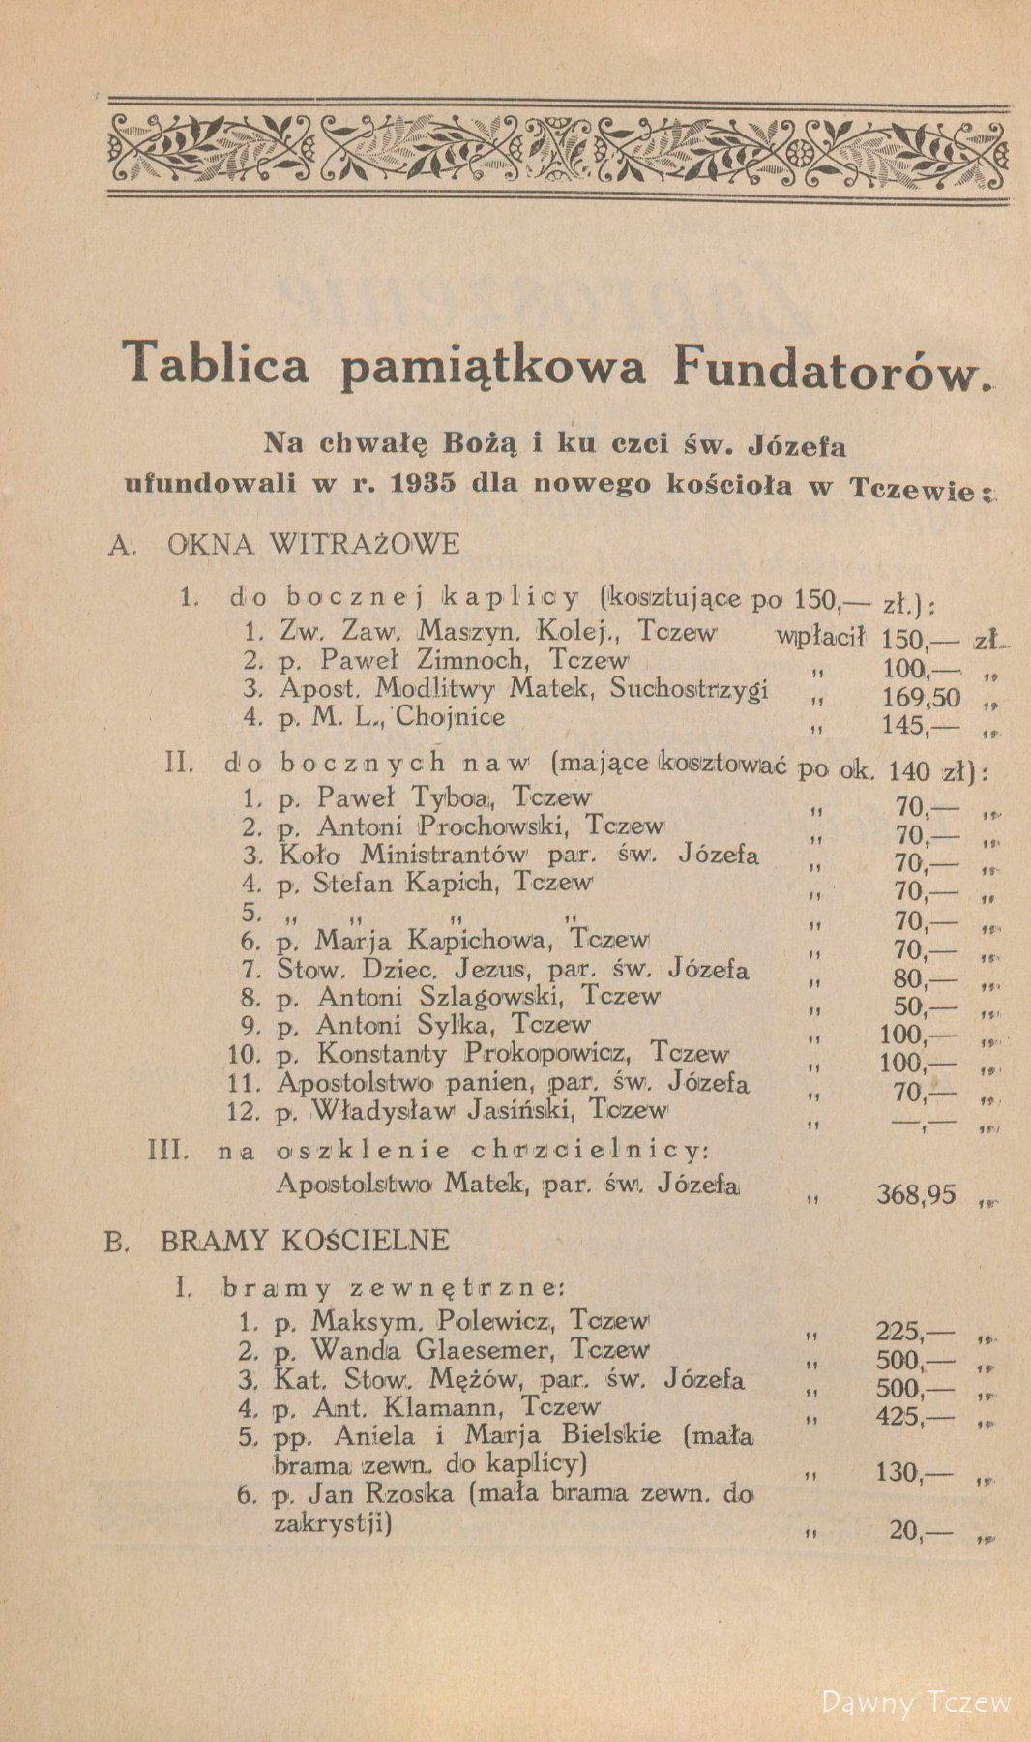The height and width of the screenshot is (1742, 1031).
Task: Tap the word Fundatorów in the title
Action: click(x=823, y=369)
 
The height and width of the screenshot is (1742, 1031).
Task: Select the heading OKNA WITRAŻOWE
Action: click(x=313, y=543)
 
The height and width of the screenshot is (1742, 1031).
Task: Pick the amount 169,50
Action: click(x=920, y=697)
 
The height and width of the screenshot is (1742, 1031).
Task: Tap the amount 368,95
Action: click(x=915, y=1194)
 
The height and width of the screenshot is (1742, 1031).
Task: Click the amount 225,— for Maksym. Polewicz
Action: click(x=913, y=1329)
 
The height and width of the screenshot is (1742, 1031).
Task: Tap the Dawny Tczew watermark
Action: click(x=915, y=1701)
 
